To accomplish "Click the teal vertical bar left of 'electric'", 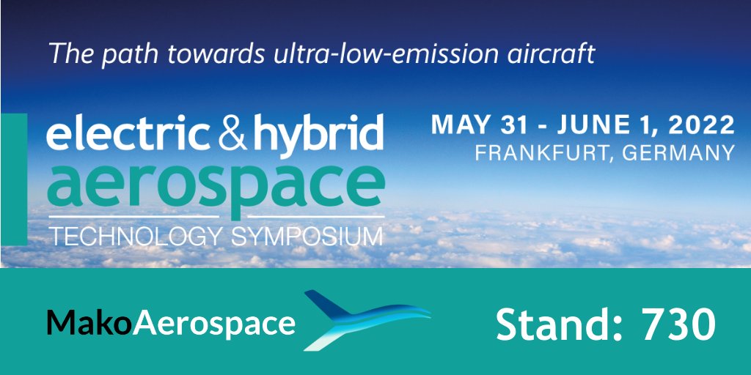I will pos(13,179).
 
